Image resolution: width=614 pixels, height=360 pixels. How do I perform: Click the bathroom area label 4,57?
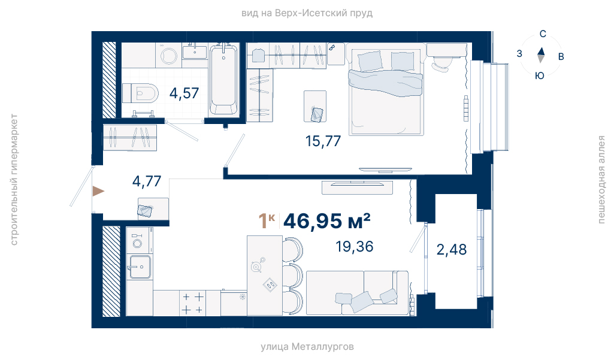pyautogui.click(x=184, y=93)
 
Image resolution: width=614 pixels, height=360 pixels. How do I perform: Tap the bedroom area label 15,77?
pyautogui.click(x=323, y=141)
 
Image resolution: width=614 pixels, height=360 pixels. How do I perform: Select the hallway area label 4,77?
pyautogui.click(x=147, y=181)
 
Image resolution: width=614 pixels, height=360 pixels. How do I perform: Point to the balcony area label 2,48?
pyautogui.click(x=452, y=250)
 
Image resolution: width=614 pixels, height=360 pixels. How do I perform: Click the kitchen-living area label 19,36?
pyautogui.click(x=355, y=246)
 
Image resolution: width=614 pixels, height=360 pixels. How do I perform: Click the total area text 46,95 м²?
pyautogui.click(x=327, y=221)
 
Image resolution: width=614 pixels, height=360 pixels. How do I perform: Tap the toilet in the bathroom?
pyautogui.click(x=141, y=93)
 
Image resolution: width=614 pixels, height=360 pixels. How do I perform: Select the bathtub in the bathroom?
pyautogui.click(x=223, y=80)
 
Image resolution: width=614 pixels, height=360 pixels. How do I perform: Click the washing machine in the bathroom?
pyautogui.click(x=169, y=56)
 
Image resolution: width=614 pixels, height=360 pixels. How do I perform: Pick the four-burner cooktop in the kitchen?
pyautogui.click(x=193, y=303)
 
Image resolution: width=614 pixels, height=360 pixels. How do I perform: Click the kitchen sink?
pyautogui.click(x=140, y=267)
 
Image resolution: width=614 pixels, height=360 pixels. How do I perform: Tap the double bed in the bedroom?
pyautogui.click(x=386, y=92)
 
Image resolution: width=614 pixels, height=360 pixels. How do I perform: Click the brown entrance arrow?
pyautogui.click(x=98, y=191)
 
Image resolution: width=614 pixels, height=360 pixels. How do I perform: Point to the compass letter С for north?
pyautogui.click(x=543, y=34)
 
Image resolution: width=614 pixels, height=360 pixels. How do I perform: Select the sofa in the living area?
pyautogui.click(x=357, y=293)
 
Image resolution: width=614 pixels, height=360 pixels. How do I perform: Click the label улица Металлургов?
pyautogui.click(x=307, y=347)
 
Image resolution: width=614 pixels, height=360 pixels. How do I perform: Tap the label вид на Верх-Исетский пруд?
pyautogui.click(x=307, y=13)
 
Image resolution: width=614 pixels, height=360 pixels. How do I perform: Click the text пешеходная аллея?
pyautogui.click(x=601, y=180)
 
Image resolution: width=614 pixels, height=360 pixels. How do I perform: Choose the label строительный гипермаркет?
pyautogui.click(x=14, y=180)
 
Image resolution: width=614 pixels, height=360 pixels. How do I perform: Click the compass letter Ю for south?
pyautogui.click(x=540, y=75)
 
